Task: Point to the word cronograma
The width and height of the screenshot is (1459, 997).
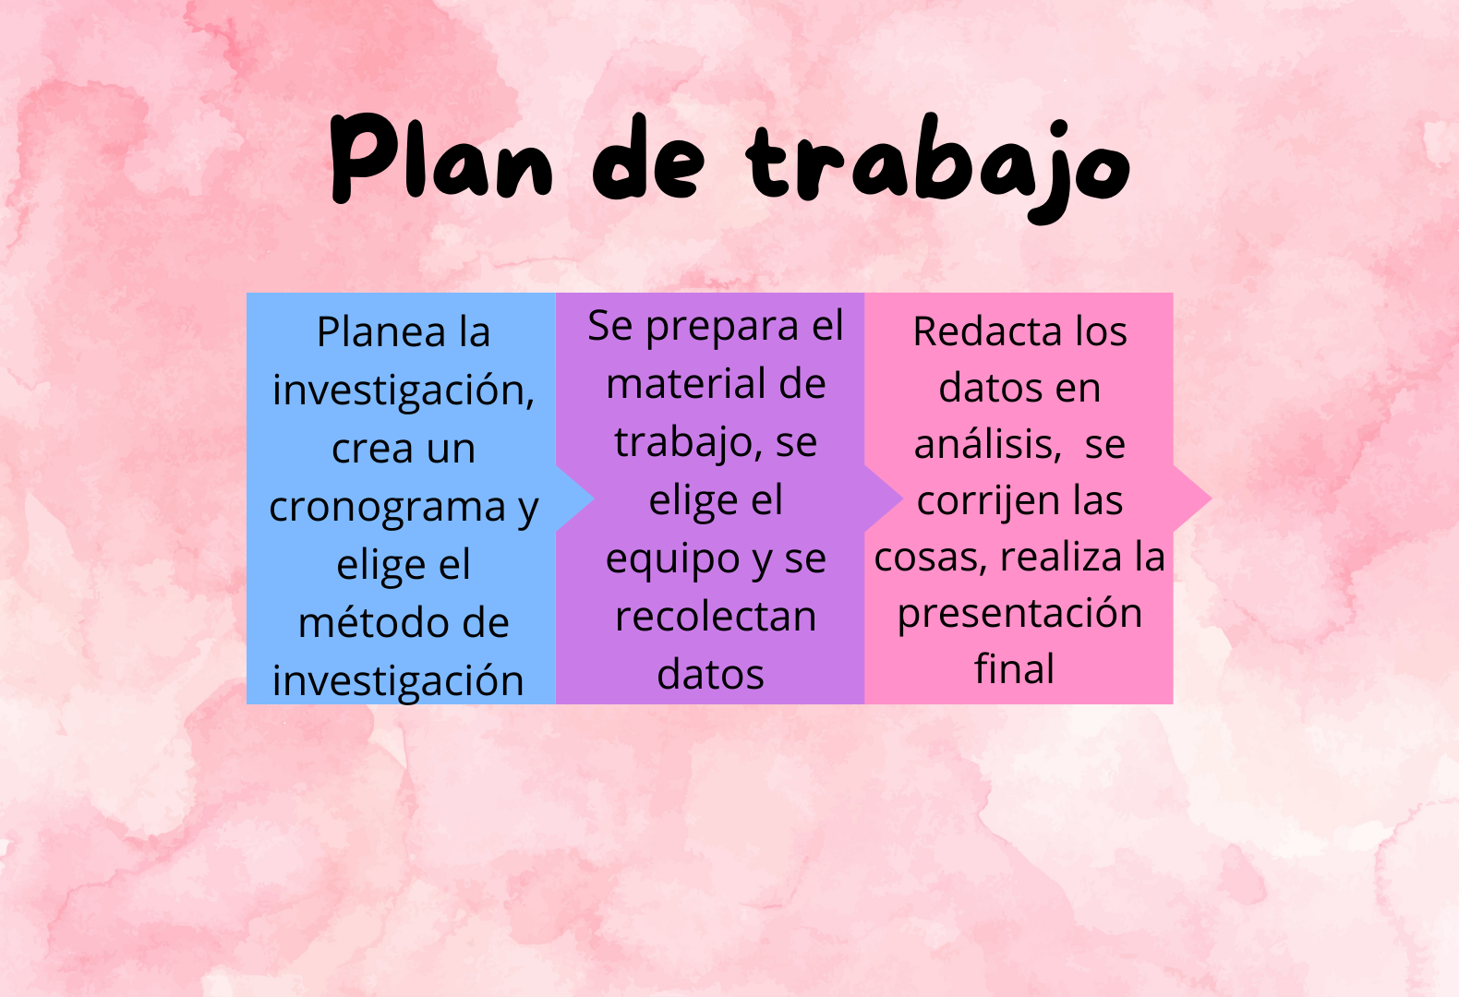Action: tap(388, 508)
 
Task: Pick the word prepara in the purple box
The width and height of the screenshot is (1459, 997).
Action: tap(722, 327)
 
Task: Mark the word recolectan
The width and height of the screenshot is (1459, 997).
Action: tap(716, 616)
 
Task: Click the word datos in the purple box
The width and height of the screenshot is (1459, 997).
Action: tap(710, 675)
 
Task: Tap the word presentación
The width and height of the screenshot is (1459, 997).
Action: tap(1019, 614)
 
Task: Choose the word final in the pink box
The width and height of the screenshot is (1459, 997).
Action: tap(1014, 667)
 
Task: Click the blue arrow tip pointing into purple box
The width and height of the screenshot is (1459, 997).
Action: tap(593, 498)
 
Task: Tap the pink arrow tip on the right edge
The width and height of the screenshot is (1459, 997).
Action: tap(1211, 498)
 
